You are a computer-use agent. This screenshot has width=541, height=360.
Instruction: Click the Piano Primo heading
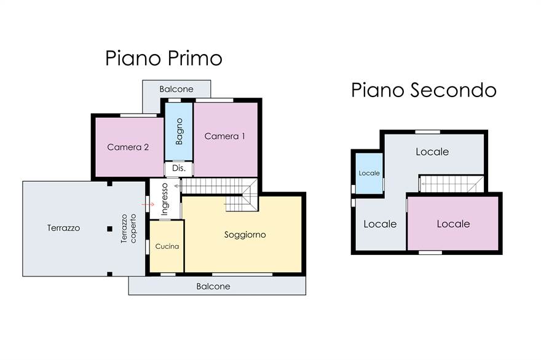click(164, 58)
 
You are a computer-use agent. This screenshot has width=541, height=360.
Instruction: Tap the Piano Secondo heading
click(424, 90)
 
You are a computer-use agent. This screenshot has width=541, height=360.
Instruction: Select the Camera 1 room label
click(224, 136)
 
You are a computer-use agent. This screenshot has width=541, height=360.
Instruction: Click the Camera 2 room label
click(128, 147)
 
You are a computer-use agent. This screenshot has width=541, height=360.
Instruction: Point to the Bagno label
click(179, 131)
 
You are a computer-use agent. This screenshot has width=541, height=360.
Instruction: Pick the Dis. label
click(179, 168)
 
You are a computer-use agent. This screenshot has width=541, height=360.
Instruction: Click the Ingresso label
click(165, 199)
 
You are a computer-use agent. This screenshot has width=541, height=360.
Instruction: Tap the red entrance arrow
click(148, 205)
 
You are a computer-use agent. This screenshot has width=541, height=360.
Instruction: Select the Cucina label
click(167, 246)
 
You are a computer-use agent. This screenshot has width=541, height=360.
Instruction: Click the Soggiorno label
click(245, 235)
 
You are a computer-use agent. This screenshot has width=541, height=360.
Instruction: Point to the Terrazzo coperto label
click(128, 229)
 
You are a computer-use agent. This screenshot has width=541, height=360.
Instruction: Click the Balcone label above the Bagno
click(176, 89)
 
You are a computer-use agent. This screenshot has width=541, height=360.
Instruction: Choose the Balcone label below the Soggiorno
click(213, 286)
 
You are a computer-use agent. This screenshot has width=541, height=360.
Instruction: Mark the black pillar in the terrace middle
click(109, 229)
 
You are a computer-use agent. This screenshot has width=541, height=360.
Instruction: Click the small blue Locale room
click(369, 173)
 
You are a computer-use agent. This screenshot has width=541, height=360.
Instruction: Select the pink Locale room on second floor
click(453, 224)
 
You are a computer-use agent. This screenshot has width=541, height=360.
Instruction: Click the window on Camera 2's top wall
click(138, 115)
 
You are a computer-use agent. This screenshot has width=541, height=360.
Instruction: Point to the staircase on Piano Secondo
click(451, 184)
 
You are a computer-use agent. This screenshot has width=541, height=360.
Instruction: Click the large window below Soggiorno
click(242, 274)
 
